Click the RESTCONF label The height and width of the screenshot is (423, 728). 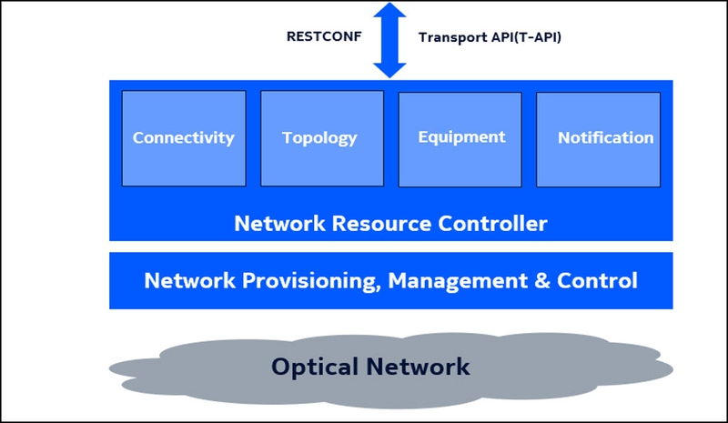[324, 37]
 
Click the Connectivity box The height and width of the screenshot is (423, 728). [184, 138]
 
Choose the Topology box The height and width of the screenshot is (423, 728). [319, 138]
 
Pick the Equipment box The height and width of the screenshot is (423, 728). [461, 137]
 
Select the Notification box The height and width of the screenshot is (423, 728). [605, 138]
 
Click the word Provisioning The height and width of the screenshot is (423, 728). [310, 280]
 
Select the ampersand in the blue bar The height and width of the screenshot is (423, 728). [541, 280]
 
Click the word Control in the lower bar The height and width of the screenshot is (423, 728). [598, 280]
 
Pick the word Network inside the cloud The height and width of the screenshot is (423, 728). [421, 367]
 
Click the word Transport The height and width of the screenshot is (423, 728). [449, 38]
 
